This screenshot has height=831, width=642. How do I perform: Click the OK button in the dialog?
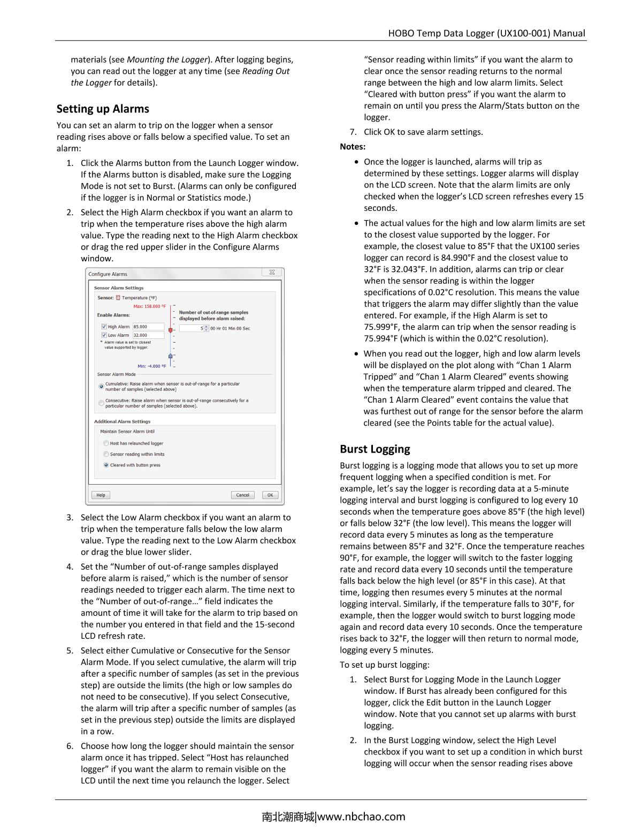[x=270, y=495]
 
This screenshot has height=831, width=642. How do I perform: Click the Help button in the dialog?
[x=101, y=495]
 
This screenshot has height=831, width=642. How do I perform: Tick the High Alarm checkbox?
[x=104, y=327]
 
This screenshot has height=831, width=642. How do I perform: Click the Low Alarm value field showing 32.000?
[x=148, y=335]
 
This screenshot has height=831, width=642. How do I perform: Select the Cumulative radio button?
[x=101, y=386]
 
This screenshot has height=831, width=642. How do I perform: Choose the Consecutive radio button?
[x=101, y=403]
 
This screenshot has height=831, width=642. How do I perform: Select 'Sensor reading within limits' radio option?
[x=106, y=454]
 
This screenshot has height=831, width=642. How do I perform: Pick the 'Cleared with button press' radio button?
[x=106, y=465]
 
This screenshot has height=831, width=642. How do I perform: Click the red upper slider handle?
[x=171, y=330]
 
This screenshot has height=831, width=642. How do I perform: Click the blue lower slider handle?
[x=171, y=356]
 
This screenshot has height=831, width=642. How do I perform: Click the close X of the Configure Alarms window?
[x=272, y=273]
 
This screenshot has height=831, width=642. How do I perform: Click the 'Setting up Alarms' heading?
[x=103, y=109]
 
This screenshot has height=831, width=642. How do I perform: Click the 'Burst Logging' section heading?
[x=374, y=449]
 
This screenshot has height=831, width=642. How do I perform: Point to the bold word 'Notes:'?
[x=353, y=147]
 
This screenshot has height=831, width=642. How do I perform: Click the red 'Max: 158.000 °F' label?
[x=149, y=307]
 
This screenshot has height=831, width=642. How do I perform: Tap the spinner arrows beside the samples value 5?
[x=207, y=328]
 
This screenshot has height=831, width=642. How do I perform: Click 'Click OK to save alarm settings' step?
[x=423, y=132]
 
